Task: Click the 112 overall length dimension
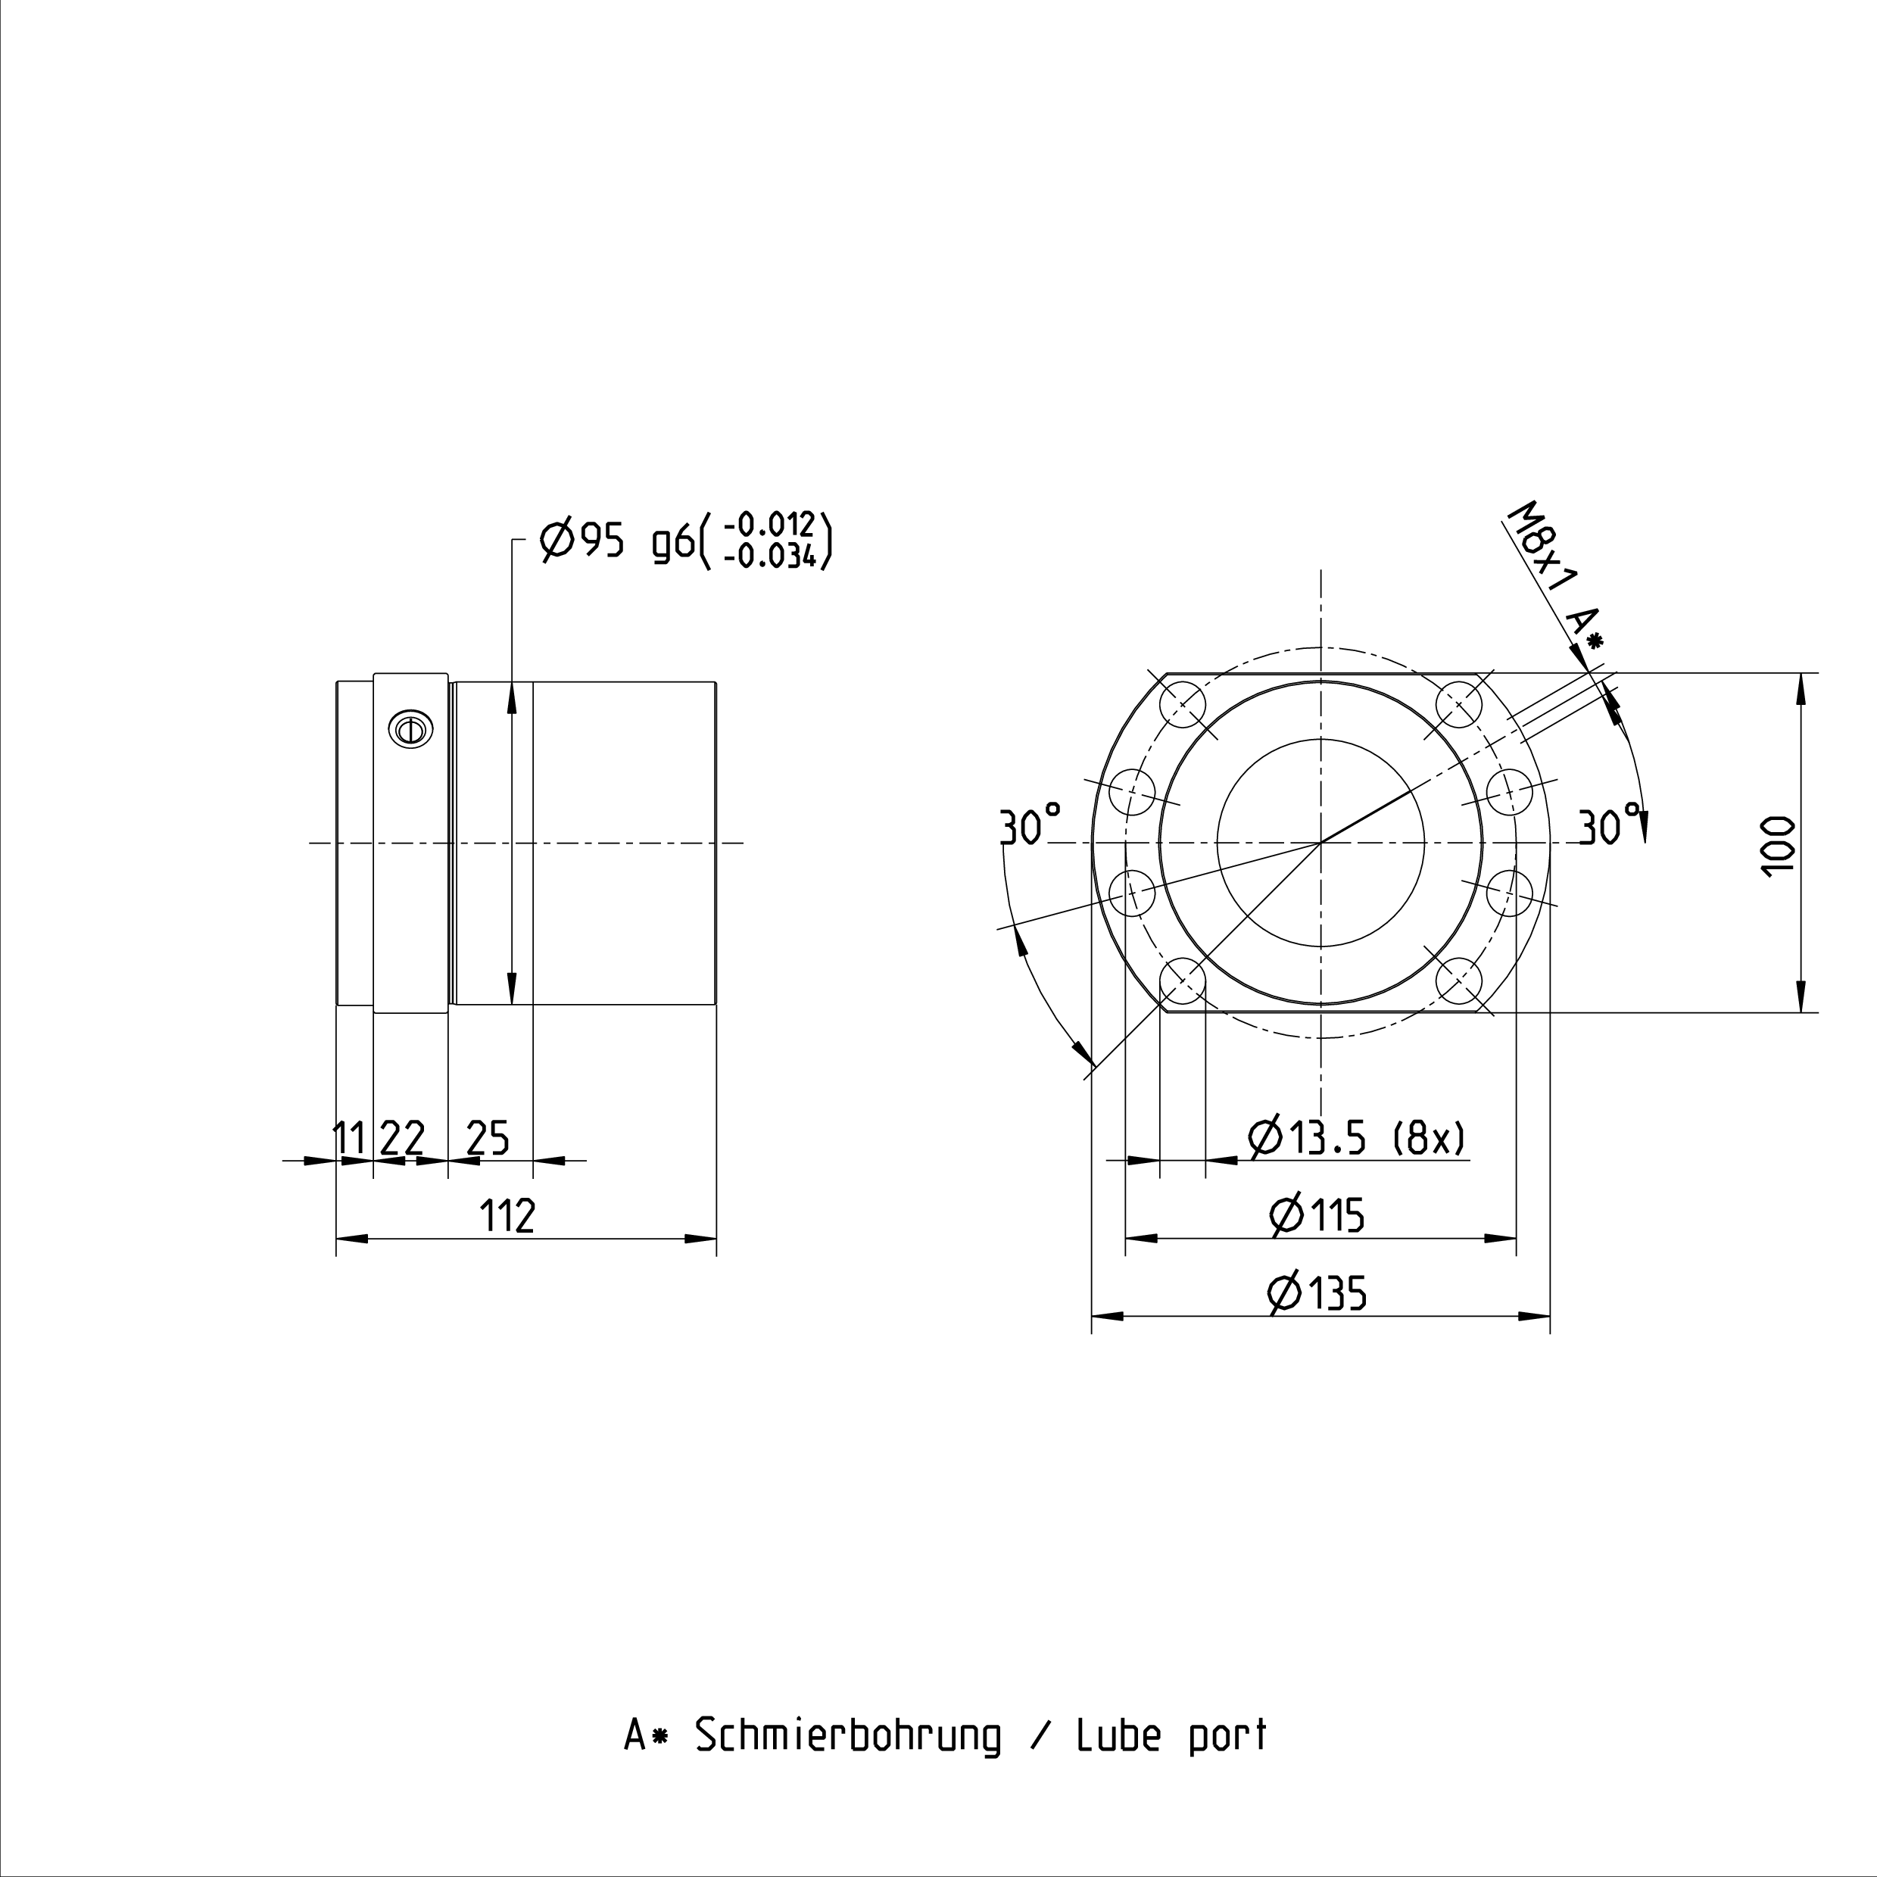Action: click(508, 1215)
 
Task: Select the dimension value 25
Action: click(488, 1138)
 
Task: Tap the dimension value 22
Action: click(402, 1138)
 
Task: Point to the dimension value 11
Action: click(350, 1138)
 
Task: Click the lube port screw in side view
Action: click(410, 728)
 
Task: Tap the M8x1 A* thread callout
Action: click(1555, 576)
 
